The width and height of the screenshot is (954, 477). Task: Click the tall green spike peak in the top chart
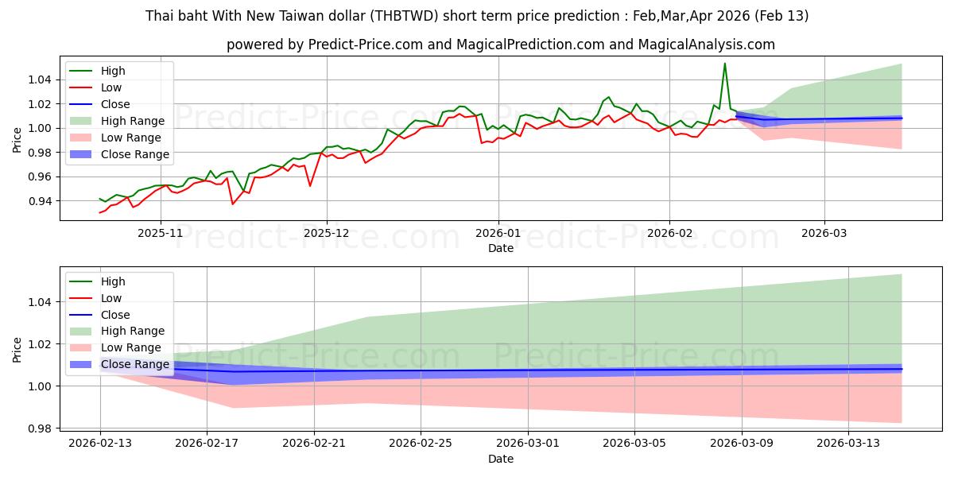click(724, 64)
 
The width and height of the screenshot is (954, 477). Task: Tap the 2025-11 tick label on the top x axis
click(161, 234)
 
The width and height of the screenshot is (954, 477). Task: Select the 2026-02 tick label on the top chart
click(669, 234)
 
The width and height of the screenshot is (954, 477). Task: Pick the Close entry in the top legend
click(115, 104)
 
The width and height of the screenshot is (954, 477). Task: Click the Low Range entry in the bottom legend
click(131, 347)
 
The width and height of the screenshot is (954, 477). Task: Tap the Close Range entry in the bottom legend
click(134, 364)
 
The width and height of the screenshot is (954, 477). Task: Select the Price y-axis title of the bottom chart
click(17, 349)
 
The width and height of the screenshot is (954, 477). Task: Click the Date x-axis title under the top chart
click(501, 248)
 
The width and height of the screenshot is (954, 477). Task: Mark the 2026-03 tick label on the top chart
click(824, 234)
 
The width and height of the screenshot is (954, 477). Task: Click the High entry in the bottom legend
click(113, 281)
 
